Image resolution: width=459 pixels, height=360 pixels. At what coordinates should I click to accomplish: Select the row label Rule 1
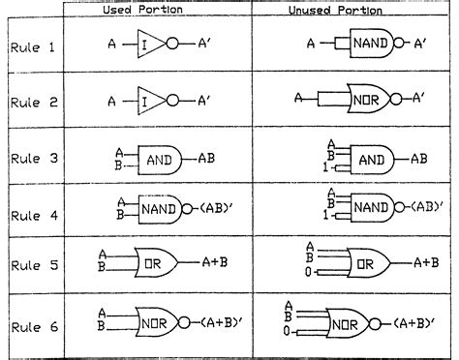(x=32, y=45)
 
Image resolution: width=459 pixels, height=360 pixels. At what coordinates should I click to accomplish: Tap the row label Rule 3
(x=32, y=158)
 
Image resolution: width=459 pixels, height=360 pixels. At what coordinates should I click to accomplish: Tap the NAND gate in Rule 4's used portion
(x=160, y=207)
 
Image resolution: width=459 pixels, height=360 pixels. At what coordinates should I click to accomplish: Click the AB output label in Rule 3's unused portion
(x=417, y=158)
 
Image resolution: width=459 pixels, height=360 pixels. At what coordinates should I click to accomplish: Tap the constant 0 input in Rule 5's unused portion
(x=309, y=274)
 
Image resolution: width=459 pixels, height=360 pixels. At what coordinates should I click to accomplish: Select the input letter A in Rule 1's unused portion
(x=310, y=45)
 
